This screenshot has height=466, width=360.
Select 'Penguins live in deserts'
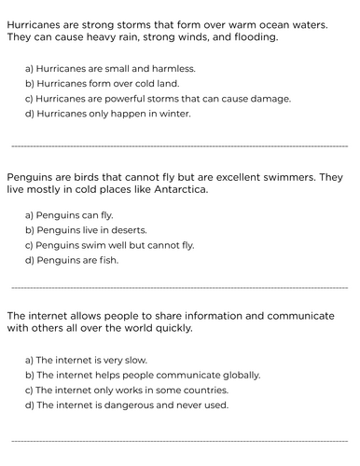[x=86, y=230]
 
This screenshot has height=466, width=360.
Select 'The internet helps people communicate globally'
[x=142, y=376]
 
